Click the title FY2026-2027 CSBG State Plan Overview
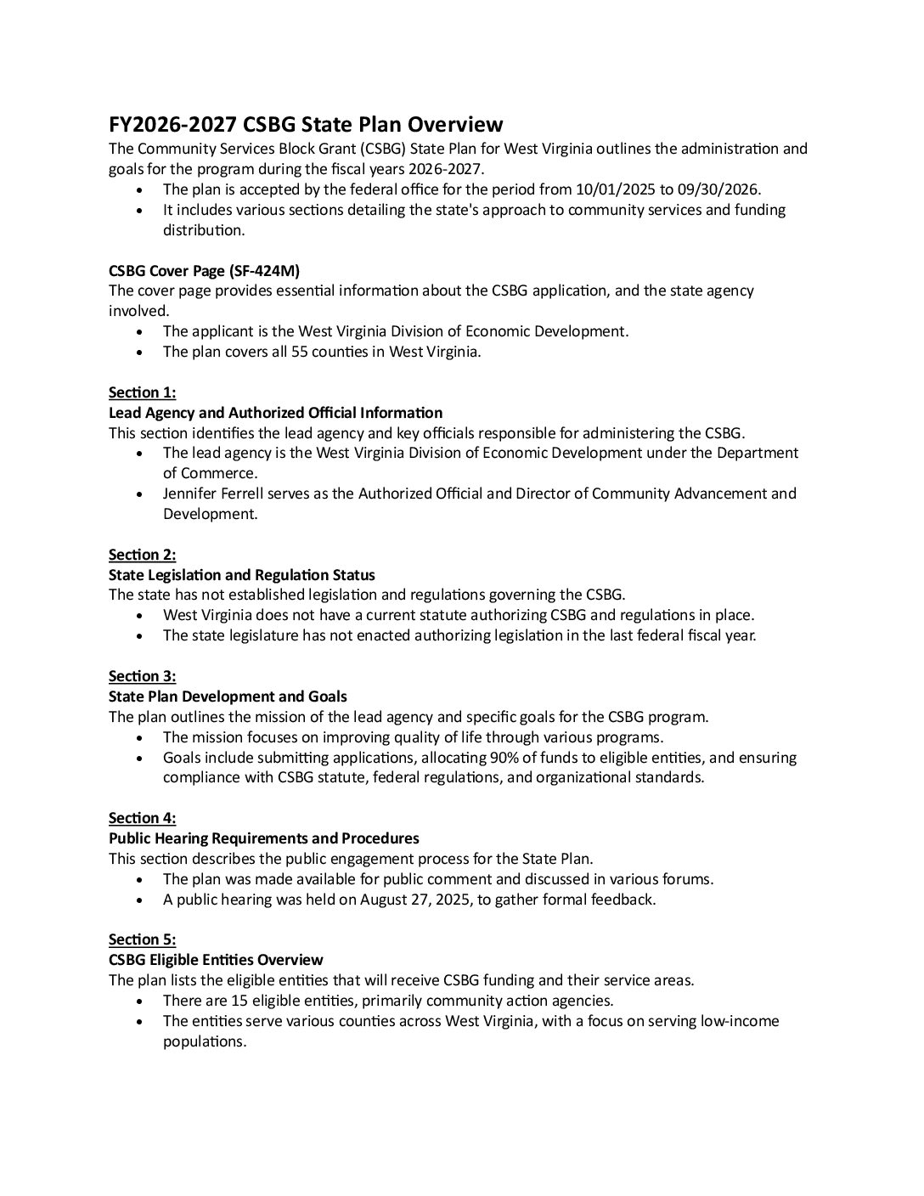(x=306, y=125)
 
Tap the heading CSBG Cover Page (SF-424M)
(x=204, y=270)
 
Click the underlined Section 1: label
(x=142, y=392)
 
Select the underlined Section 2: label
(x=142, y=555)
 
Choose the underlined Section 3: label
(x=142, y=676)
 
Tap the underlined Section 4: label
(x=142, y=818)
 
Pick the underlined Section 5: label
(x=142, y=939)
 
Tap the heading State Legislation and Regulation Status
(x=242, y=575)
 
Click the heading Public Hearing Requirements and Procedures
(x=263, y=838)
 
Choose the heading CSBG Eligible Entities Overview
(x=216, y=960)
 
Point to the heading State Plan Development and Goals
(x=228, y=697)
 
